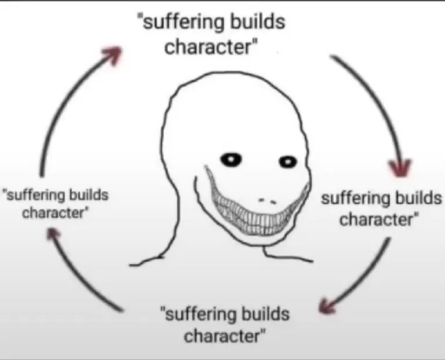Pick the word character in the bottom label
pos(224,336)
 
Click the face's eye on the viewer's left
pos(232,158)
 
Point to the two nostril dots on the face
pos(267,200)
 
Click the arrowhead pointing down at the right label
pos(400,168)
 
